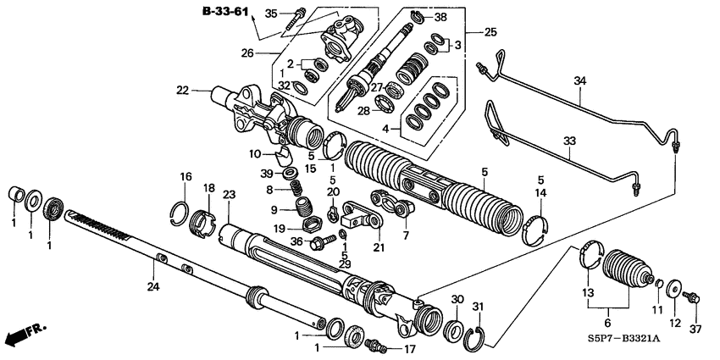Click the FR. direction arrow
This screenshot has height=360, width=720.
click(25, 334)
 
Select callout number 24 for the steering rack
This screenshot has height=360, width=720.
click(152, 286)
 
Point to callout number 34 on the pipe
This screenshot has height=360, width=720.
click(580, 81)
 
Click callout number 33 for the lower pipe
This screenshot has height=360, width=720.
click(568, 141)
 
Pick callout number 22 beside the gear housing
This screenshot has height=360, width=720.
click(182, 90)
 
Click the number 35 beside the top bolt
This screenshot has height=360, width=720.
click(271, 13)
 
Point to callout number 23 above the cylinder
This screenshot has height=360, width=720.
click(228, 194)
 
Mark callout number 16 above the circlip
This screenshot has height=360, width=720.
click(186, 175)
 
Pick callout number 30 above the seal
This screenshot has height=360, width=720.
click(457, 300)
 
